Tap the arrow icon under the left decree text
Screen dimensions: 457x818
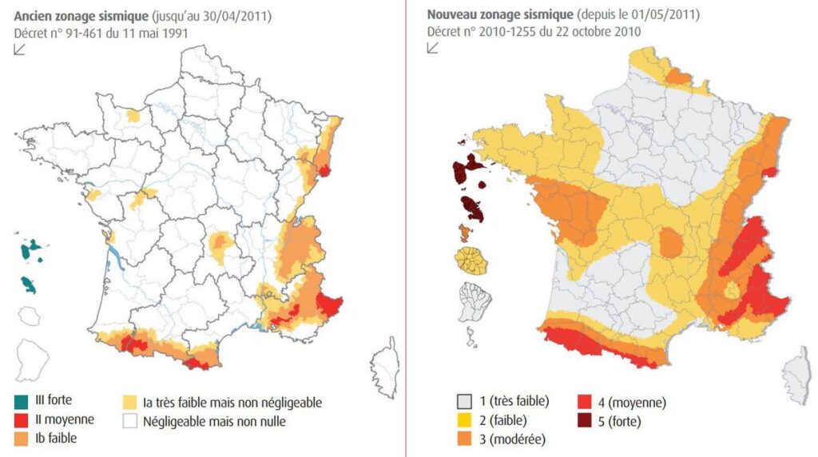[x=20, y=50]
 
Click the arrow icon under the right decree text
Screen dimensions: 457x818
[x=433, y=48]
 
